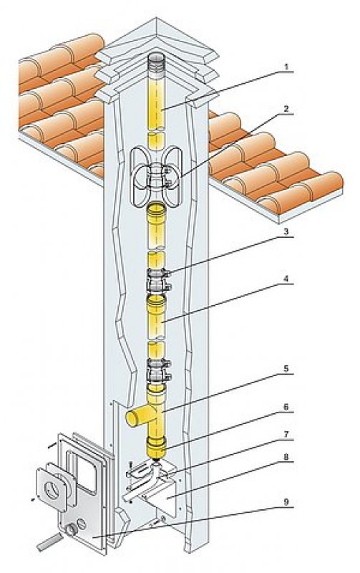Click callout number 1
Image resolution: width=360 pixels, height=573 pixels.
286,67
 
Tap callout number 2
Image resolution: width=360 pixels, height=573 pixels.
286,109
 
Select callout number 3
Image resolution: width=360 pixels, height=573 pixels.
286,231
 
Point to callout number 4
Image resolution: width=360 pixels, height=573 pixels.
286,279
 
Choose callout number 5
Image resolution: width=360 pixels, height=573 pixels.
286,368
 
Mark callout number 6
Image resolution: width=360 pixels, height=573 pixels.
286,407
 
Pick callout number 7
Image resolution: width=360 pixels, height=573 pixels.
286,434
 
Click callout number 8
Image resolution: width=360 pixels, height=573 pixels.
286,457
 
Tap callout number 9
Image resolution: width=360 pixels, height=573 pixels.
286,502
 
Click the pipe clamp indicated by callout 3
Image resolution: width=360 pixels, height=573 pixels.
158,279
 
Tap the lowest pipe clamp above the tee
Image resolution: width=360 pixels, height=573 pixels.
158,370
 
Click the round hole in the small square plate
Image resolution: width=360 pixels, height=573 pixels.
52,490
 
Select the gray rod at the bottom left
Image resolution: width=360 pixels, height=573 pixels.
49,541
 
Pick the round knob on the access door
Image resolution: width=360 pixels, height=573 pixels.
71,529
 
